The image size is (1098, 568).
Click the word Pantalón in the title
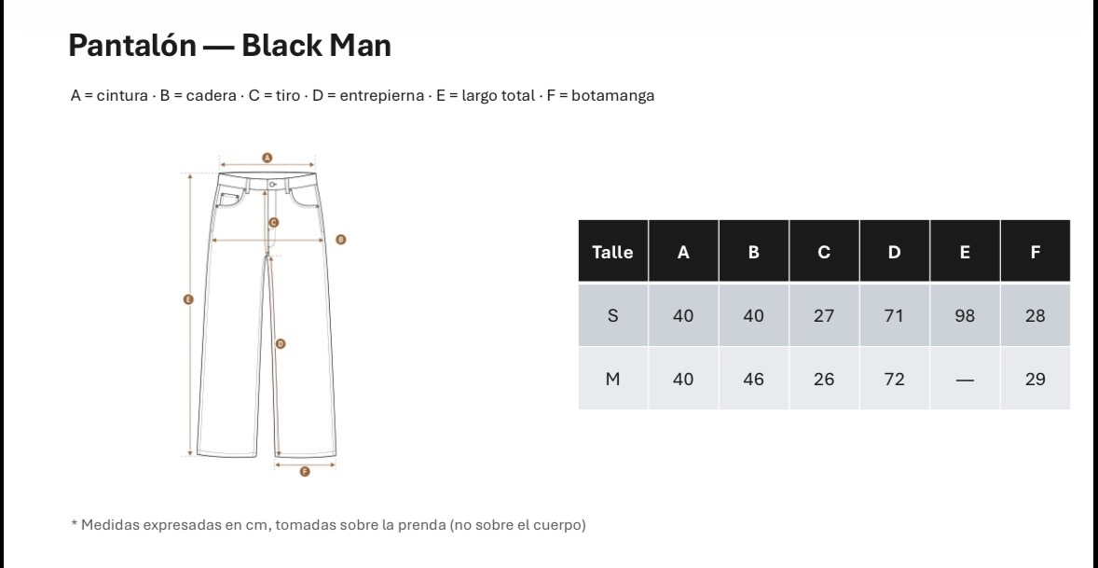pyautogui.click(x=132, y=46)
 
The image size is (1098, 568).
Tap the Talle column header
pyautogui.click(x=612, y=252)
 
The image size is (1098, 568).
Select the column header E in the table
pyautogui.click(x=965, y=252)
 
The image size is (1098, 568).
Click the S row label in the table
pyautogui.click(x=612, y=316)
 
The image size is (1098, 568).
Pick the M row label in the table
pyautogui.click(x=612, y=379)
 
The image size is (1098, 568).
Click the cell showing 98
pyautogui.click(x=965, y=316)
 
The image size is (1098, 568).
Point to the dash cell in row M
pyautogui.click(x=965, y=379)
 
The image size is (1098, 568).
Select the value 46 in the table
pyautogui.click(x=753, y=379)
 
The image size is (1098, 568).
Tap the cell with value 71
pyautogui.click(x=894, y=316)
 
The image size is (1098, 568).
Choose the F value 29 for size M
pyautogui.click(x=1035, y=379)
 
